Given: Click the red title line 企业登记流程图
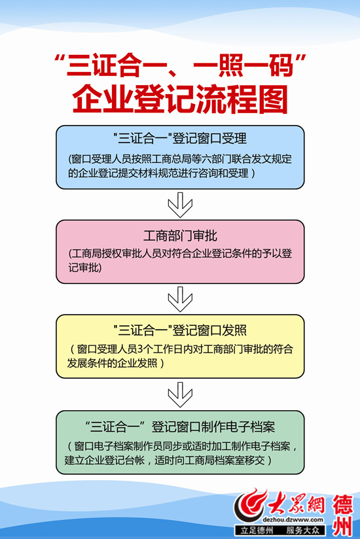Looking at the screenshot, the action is point(180,99).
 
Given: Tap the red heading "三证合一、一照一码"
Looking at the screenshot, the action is point(180,65).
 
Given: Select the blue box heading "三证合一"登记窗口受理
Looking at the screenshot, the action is point(180,138).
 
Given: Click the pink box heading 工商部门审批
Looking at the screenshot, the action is point(180,235).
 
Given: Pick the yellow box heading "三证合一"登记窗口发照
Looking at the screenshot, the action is point(180,330).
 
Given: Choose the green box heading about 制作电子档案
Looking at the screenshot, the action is point(180,426).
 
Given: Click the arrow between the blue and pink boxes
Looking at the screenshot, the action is point(180,205).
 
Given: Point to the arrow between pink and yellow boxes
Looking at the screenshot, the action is point(180,299).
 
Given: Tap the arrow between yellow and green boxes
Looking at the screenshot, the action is point(180,394).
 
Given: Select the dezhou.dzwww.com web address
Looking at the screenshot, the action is point(293,519).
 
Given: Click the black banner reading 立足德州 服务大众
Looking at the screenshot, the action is point(279,530).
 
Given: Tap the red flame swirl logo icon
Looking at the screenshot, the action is point(249,505).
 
